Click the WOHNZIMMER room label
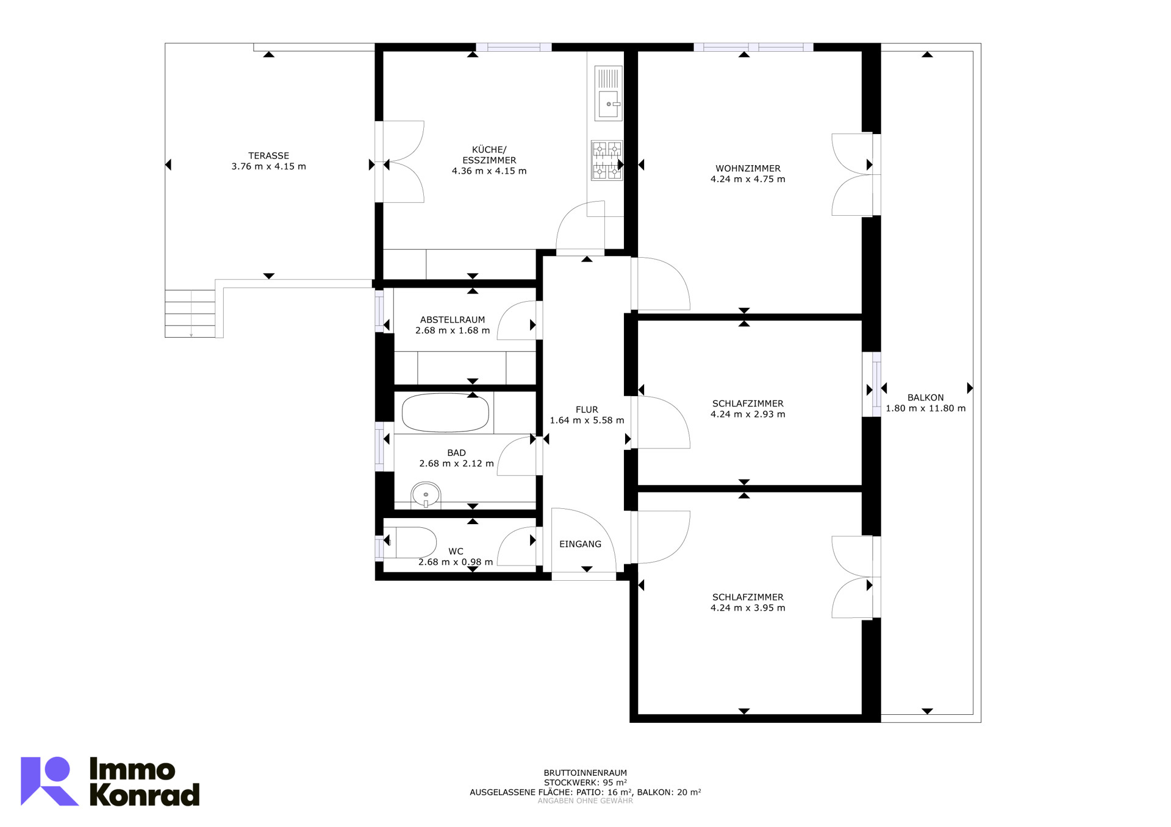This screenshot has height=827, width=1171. (x=748, y=168)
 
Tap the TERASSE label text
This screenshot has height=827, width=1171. (x=268, y=155)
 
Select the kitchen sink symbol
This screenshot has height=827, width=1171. (x=609, y=93)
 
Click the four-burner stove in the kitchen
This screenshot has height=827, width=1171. (x=607, y=161)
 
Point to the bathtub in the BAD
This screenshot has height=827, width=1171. (x=445, y=413)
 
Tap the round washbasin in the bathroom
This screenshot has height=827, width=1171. (x=426, y=495)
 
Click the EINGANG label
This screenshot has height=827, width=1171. (x=580, y=544)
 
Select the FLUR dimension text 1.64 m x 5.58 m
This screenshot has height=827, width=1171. (x=587, y=421)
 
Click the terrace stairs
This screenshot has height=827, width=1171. (x=190, y=313)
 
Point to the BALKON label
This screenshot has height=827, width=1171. (x=925, y=397)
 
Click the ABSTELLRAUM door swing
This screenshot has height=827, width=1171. (x=517, y=321)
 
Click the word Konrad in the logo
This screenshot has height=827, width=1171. (x=145, y=795)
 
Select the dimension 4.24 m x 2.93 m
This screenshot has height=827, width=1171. (x=748, y=414)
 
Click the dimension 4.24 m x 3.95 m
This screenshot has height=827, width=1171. (x=748, y=608)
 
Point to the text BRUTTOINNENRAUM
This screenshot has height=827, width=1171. (x=585, y=773)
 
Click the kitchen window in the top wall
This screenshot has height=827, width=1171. (x=514, y=47)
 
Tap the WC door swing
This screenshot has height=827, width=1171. (x=517, y=546)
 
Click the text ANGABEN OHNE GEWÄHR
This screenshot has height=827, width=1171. (x=585, y=801)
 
